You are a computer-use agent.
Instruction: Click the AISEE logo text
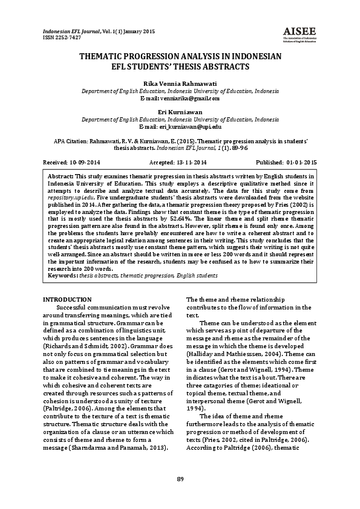point(296,31)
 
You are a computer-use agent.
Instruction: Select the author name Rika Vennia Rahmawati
point(180,82)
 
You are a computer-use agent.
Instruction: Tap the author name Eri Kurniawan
point(180,112)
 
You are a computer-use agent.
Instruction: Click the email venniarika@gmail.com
point(189,97)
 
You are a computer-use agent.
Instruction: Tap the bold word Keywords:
point(63,275)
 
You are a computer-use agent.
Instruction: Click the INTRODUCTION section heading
point(68,300)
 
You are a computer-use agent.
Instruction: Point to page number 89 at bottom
point(180,479)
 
